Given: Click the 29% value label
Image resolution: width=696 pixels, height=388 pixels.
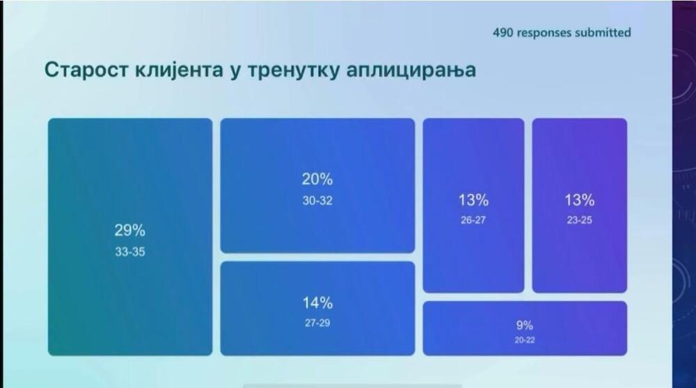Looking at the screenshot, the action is point(130,230).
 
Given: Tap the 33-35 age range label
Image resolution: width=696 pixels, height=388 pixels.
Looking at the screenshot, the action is point(130,252).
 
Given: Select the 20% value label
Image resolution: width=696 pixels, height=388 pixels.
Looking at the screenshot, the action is point(317,179).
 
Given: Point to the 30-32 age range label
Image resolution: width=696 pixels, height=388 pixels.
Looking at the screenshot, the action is point(317,200).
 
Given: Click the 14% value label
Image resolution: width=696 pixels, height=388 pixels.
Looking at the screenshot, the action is point(317,303).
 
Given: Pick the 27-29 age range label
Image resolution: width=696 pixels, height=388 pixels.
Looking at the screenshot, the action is point(317,323).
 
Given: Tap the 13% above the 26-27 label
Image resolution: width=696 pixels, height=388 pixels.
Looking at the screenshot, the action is point(473,200).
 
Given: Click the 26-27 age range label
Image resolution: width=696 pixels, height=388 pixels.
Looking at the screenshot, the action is point(473,220).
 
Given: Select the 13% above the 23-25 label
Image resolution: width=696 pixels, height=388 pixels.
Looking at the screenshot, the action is point(580,200).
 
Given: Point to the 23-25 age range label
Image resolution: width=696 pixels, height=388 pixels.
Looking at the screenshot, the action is point(579,220).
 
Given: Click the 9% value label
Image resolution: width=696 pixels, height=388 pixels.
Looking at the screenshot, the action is point(525,325).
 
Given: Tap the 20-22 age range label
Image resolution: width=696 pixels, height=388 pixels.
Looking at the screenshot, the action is point(525,340).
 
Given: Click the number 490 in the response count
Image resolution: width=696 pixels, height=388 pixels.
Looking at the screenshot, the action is point(503,33).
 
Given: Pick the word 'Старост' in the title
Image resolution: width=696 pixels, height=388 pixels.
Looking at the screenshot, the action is point(86,70).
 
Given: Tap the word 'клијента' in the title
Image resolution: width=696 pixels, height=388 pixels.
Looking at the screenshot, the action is point(179,70).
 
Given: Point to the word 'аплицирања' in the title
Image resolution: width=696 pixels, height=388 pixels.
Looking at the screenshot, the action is point(411,72).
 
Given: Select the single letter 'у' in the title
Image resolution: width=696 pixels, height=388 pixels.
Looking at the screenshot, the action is point(235,72).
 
